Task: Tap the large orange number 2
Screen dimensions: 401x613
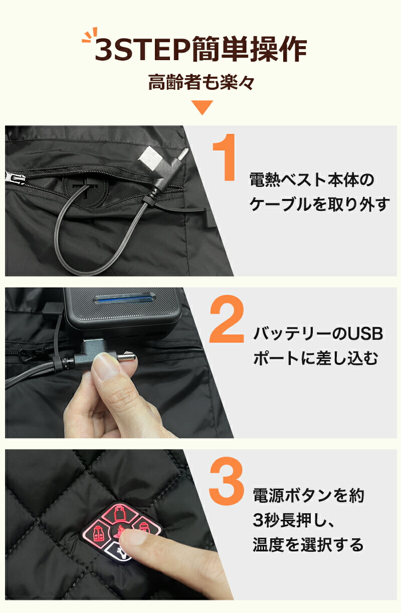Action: tap(227, 319)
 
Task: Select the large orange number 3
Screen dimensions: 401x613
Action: tap(227, 481)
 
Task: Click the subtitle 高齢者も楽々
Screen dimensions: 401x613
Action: tap(201, 82)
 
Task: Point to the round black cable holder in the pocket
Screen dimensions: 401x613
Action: tap(85, 190)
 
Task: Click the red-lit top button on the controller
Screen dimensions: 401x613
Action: tap(120, 513)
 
